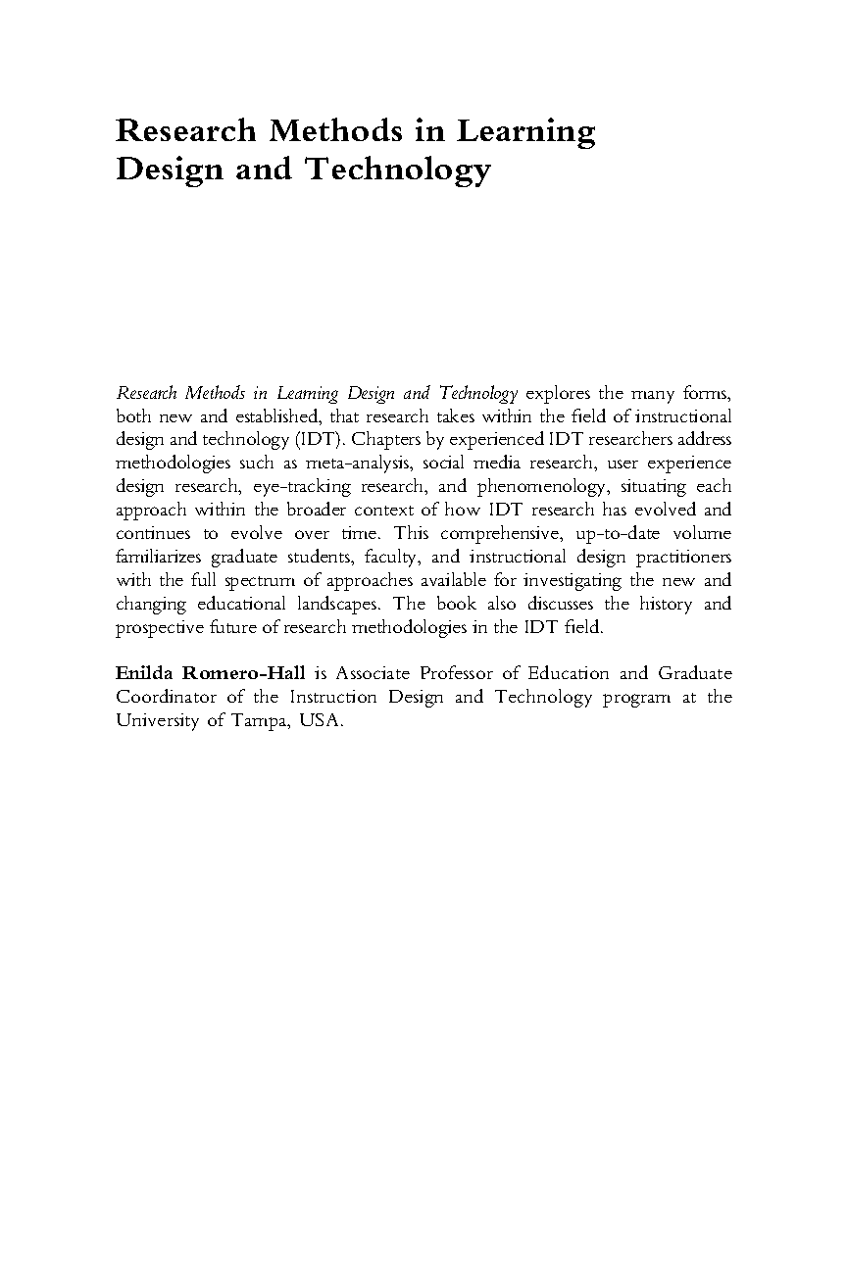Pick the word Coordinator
click(x=171, y=698)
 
